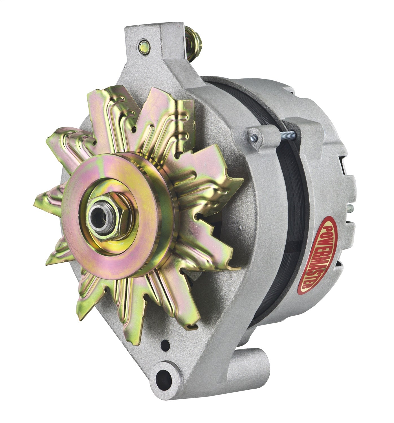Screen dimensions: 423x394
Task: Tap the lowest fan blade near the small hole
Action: click(x=147, y=321)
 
